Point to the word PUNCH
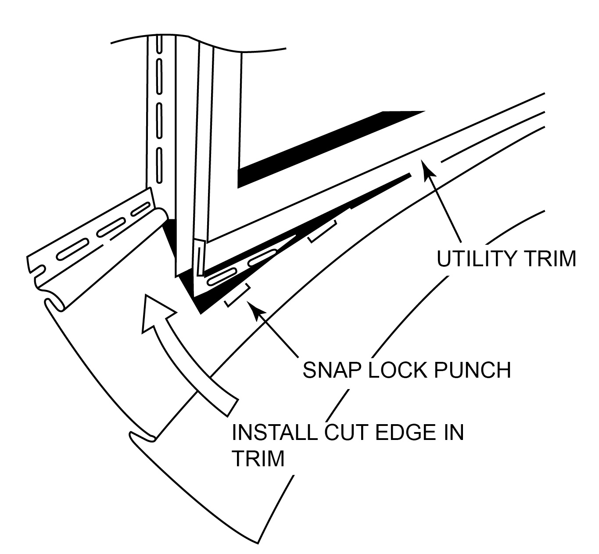473,371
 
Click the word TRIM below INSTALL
258,458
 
